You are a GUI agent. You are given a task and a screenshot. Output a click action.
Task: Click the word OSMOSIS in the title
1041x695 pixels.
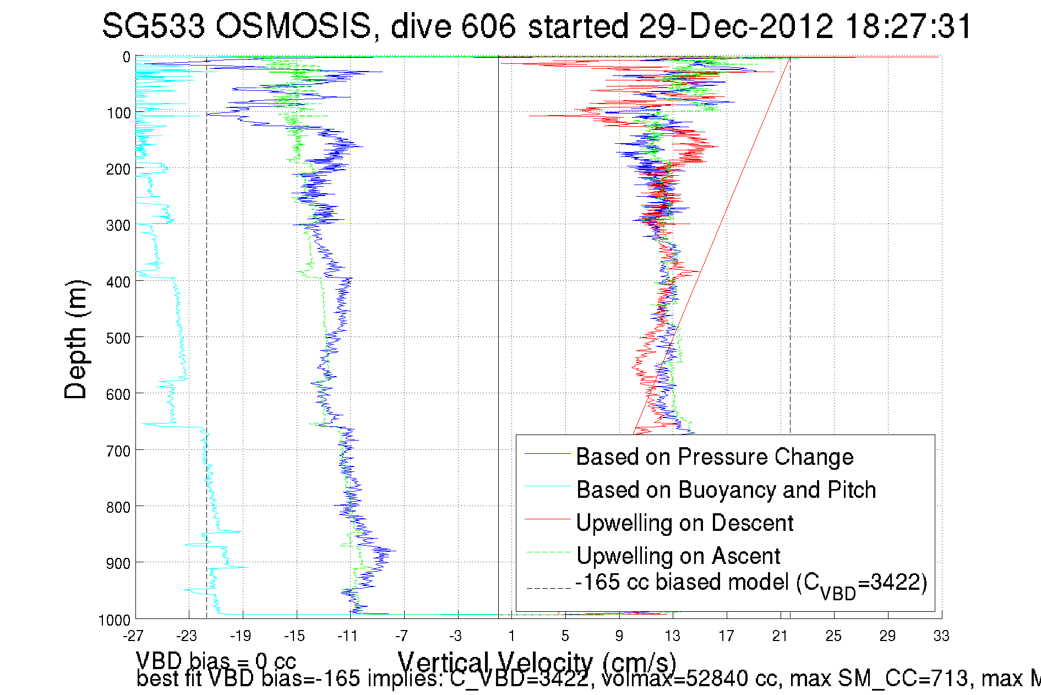293,26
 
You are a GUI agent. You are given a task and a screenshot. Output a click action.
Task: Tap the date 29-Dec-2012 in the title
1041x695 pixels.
735,26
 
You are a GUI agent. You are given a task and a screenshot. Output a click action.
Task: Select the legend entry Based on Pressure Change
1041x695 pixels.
714,457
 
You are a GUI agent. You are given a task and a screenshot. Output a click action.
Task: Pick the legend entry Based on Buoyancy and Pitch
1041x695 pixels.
726,490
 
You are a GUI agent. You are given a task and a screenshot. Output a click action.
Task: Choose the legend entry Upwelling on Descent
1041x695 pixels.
684,523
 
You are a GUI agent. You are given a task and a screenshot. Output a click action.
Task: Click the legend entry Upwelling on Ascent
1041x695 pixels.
678,556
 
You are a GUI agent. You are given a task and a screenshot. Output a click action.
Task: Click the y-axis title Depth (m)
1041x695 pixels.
75,339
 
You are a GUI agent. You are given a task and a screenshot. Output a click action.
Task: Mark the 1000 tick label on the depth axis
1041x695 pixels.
114,620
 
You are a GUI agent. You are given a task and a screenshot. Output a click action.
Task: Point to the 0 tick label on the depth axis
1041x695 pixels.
127,57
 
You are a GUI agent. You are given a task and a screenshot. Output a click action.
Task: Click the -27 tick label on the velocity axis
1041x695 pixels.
133,636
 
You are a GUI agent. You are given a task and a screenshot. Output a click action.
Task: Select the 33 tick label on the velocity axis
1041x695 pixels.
941,636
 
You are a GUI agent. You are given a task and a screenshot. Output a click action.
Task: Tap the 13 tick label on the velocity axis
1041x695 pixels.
672,636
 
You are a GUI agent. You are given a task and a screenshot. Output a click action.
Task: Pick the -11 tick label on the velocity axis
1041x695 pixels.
347,636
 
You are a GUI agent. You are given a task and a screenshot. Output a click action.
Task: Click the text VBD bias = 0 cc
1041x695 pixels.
216,661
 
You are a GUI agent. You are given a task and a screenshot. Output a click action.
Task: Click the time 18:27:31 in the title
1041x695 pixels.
908,26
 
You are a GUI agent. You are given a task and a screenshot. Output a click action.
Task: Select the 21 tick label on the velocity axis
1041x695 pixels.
780,636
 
